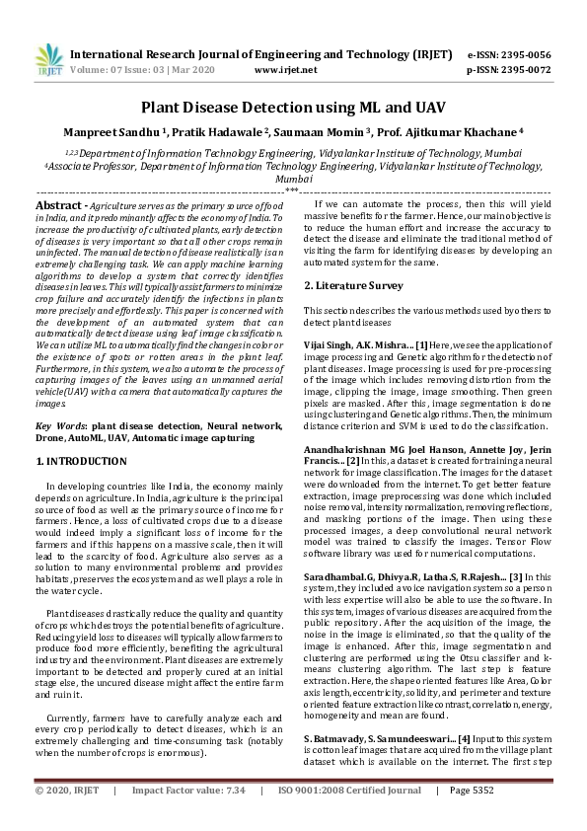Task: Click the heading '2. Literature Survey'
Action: pos(353,286)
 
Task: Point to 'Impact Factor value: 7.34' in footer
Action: pos(187,818)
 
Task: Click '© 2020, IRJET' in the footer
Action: pos(67,818)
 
